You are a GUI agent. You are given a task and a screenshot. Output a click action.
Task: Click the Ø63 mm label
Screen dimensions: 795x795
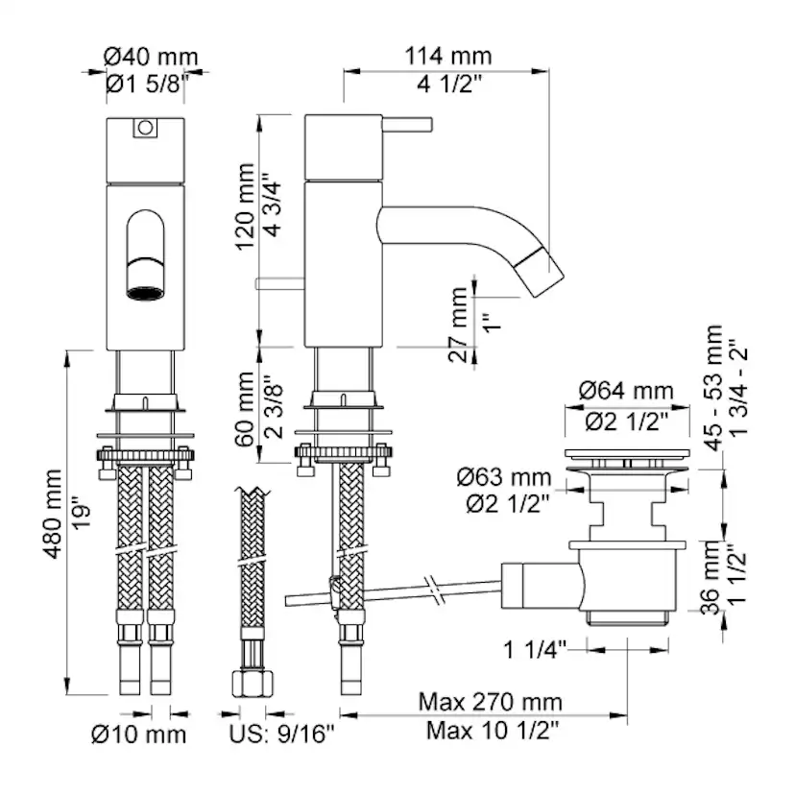[504, 477]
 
